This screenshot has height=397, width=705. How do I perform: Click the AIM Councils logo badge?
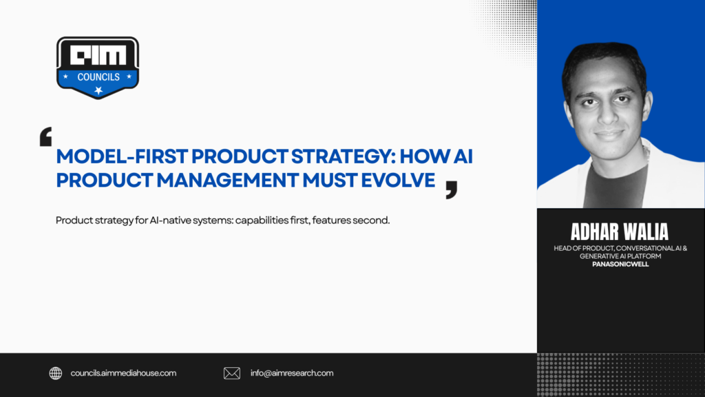tap(98, 68)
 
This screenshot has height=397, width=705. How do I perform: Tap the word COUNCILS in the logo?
tap(98, 77)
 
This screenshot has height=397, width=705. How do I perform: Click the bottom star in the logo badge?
tap(98, 91)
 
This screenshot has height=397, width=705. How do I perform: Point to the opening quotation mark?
tap(46, 136)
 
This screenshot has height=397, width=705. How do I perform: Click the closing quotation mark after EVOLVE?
tap(452, 190)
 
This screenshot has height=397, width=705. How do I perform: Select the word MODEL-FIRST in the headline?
tap(122, 156)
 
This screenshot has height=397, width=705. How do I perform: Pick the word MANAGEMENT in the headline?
tap(227, 180)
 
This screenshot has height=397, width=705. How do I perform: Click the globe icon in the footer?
tap(56, 373)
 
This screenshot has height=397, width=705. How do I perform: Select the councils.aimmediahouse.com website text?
tap(123, 373)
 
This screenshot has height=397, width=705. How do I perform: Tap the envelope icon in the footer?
tap(232, 373)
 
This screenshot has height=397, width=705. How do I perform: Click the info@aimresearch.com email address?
tap(292, 373)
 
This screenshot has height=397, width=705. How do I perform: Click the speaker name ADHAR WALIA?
tap(620, 232)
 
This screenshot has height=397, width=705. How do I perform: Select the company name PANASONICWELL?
tap(620, 264)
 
